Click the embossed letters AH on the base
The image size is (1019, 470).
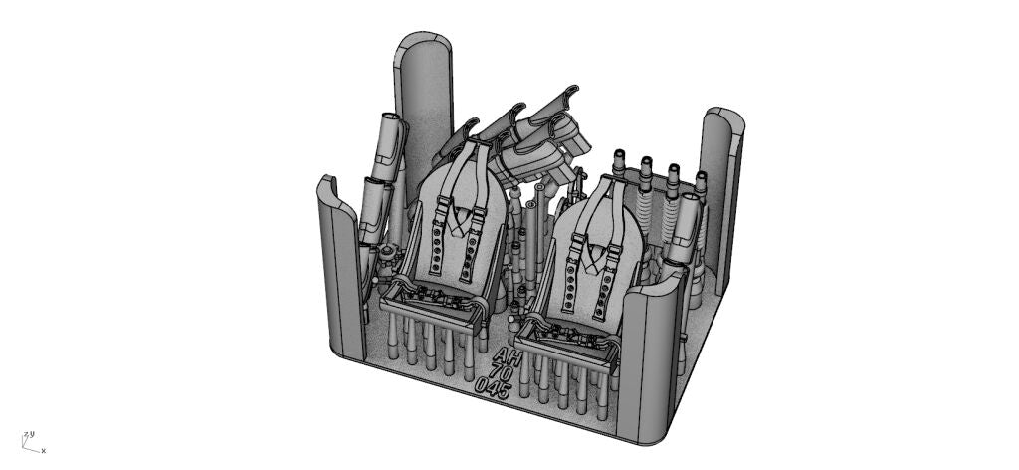pos(507,356)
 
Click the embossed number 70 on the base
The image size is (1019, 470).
pos(501,372)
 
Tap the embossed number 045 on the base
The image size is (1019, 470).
pos(494,387)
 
